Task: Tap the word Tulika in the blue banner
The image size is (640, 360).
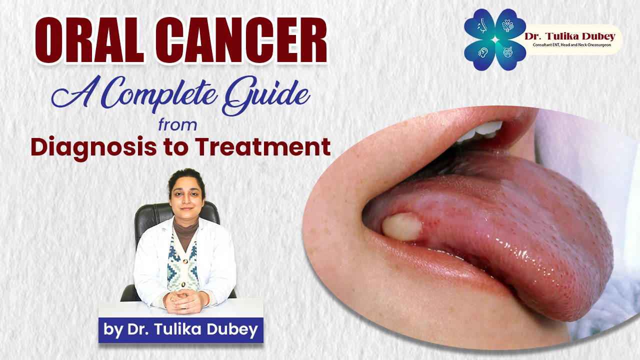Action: coord(179,329)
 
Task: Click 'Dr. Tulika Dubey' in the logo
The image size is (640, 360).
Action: coord(569,37)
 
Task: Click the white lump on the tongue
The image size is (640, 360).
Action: coord(401,226)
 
